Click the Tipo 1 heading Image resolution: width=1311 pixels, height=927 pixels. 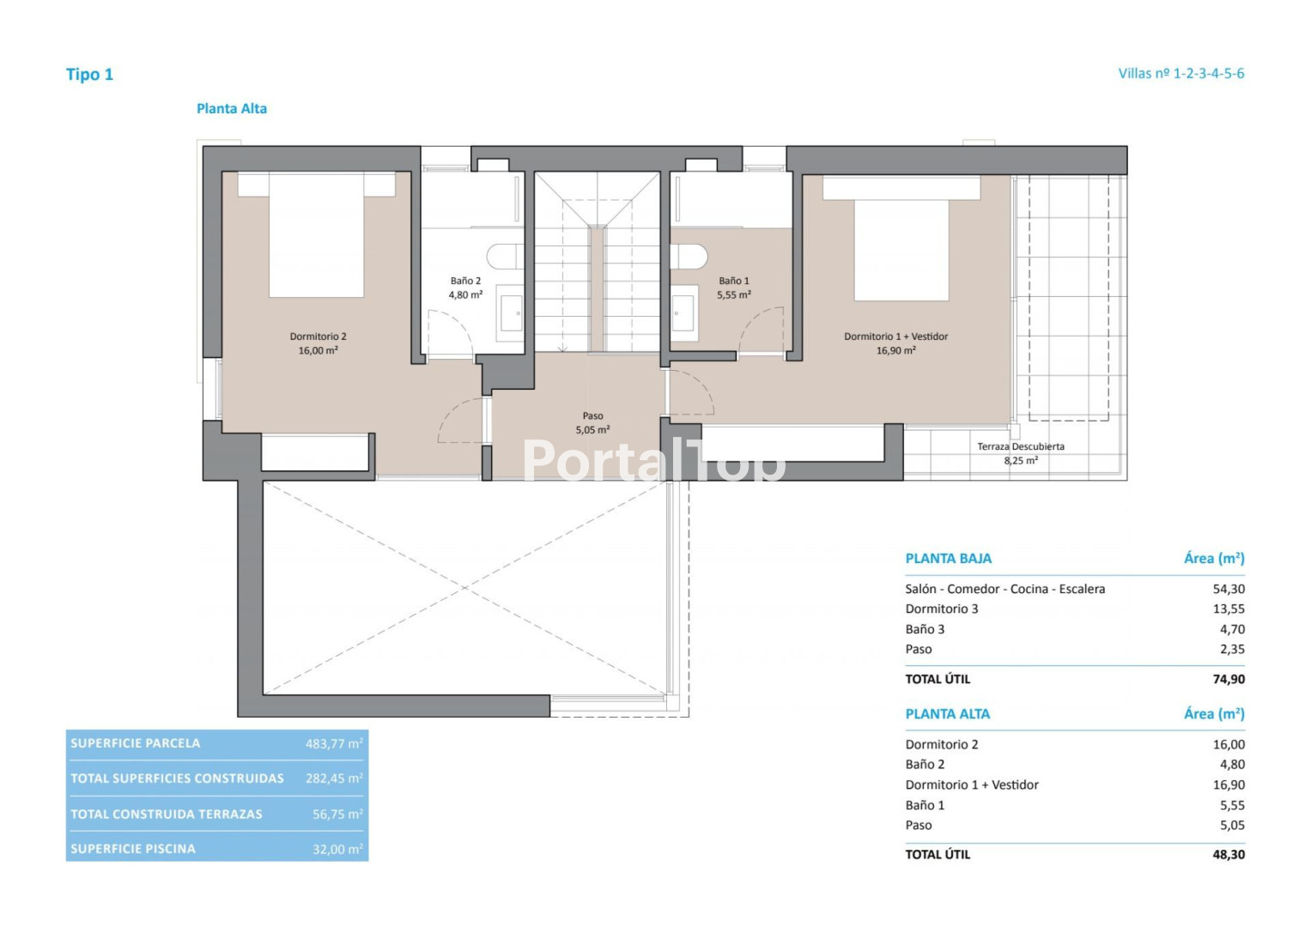[x=89, y=75]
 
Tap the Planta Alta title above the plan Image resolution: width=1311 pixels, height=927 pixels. [x=232, y=108]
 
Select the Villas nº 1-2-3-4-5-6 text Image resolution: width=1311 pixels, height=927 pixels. [x=1181, y=73]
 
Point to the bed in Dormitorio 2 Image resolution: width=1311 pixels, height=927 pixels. [x=316, y=234]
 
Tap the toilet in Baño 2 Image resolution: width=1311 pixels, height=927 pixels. [x=505, y=257]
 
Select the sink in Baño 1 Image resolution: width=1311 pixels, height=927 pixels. [x=684, y=313]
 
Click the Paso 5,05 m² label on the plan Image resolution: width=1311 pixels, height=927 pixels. [x=593, y=422]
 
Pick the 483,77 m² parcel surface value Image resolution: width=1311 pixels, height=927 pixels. [x=334, y=744]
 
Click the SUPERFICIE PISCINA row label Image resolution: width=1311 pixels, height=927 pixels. [x=133, y=849]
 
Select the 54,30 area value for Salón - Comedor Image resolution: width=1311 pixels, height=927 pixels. [x=1229, y=589]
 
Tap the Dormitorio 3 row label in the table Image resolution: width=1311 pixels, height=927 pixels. [x=942, y=609]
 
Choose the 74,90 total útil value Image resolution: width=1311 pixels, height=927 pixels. [x=1229, y=679]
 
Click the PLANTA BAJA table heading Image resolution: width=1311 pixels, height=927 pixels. [x=948, y=558]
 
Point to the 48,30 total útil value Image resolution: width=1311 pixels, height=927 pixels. [x=1229, y=854]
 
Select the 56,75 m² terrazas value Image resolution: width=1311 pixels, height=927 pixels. [x=337, y=814]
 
